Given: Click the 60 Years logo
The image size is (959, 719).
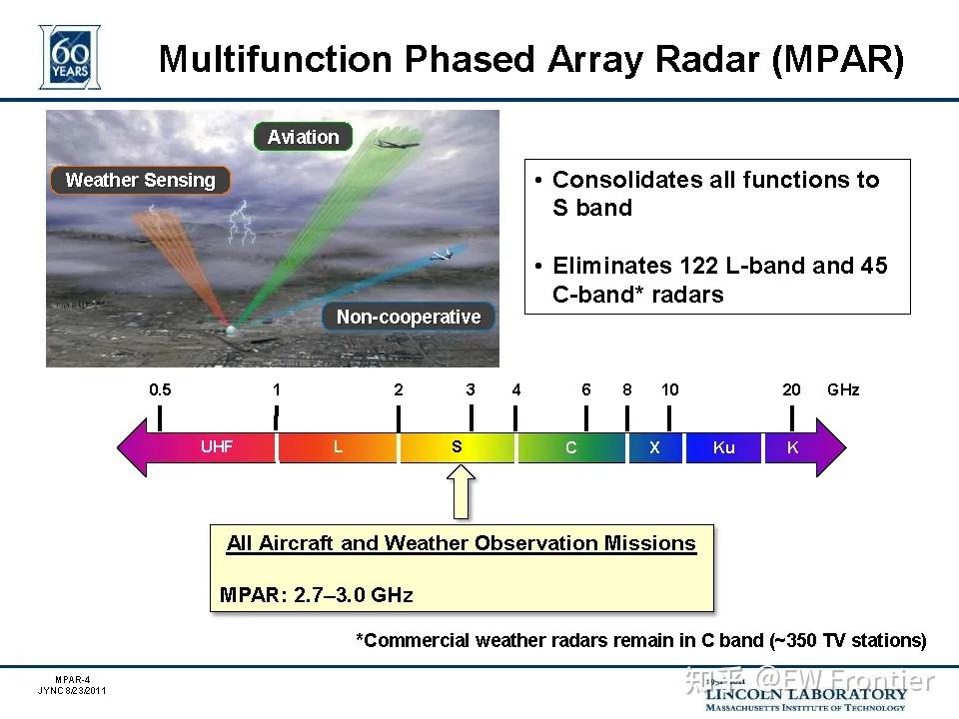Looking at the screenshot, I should pyautogui.click(x=69, y=57).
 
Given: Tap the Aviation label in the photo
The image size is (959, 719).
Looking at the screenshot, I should pyautogui.click(x=303, y=137).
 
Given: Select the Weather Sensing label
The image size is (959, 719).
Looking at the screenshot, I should pyautogui.click(x=140, y=180).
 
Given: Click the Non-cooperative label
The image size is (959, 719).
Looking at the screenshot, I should pyautogui.click(x=409, y=317).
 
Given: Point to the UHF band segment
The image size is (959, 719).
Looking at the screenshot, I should pyautogui.click(x=216, y=446).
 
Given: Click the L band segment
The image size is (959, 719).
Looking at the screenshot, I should pyautogui.click(x=338, y=446).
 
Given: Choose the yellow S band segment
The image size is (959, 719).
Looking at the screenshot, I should pyautogui.click(x=457, y=446).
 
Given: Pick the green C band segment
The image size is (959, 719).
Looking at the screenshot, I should pyautogui.click(x=570, y=447).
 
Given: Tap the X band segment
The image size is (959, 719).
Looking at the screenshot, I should pyautogui.click(x=654, y=447).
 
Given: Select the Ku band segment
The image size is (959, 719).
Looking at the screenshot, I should pyautogui.click(x=723, y=447).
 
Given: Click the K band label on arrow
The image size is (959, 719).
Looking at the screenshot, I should pyautogui.click(x=792, y=447).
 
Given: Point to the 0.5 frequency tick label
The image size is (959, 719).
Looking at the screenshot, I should pyautogui.click(x=160, y=389).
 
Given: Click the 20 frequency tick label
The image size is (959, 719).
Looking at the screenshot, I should pyautogui.click(x=791, y=389).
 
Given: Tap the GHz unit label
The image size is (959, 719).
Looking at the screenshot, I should pyautogui.click(x=843, y=389).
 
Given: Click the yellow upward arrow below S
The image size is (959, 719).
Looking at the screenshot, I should pyautogui.click(x=461, y=493).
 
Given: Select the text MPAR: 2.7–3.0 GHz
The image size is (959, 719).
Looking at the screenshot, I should pyautogui.click(x=316, y=595).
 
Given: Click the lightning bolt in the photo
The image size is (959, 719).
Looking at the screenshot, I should pyautogui.click(x=240, y=222).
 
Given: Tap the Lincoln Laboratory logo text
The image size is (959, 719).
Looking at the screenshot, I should pyautogui.click(x=805, y=693).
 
